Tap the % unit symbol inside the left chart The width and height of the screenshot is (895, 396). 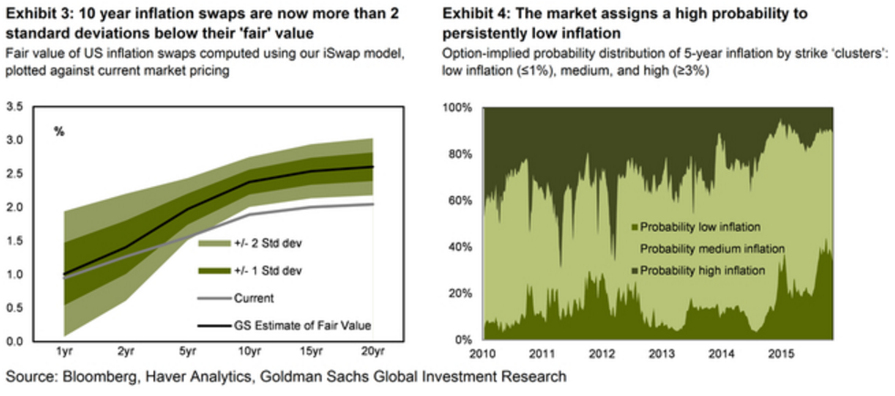tap(59, 132)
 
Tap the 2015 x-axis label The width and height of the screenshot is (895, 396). tap(778, 352)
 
